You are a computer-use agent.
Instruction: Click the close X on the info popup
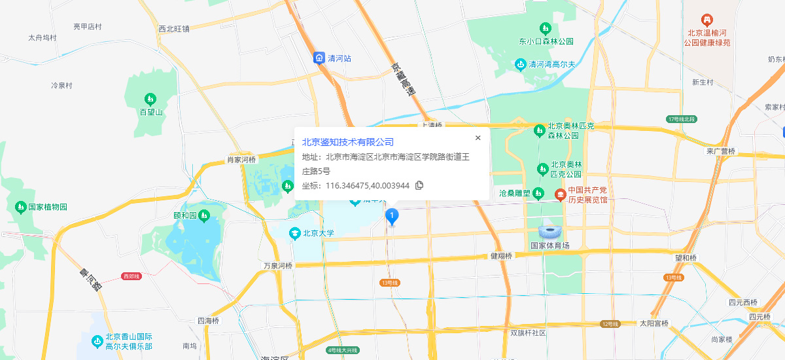478,137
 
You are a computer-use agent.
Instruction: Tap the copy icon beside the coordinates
420,185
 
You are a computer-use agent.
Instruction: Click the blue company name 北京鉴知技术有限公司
348,142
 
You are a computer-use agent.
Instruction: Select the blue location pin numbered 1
392,216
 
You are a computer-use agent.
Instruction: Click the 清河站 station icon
319,58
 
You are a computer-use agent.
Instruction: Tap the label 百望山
150,113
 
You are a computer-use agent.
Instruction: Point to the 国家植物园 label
48,207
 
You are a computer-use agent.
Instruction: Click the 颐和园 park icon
204,215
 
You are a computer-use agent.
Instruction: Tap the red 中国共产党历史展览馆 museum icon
560,194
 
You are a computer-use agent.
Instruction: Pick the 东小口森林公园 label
546,41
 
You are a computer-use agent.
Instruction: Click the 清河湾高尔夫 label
551,64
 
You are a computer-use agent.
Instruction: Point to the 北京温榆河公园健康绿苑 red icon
706,20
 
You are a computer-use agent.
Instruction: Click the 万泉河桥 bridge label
278,266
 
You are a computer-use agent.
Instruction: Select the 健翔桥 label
501,256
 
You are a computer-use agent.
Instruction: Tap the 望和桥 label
686,258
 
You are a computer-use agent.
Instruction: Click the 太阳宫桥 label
654,323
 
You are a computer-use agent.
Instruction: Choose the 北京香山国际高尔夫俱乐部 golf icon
97,341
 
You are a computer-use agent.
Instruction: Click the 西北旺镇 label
174,29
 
